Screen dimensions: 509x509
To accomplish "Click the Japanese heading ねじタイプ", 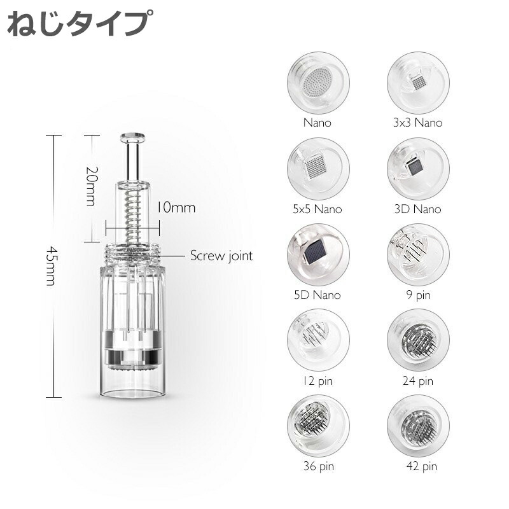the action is click(79, 23).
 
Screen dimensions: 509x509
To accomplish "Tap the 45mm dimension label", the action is click(52, 266).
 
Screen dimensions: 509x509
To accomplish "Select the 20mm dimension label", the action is click(91, 186).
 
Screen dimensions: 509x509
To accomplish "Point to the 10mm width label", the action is click(176, 208).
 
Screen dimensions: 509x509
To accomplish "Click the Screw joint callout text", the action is click(221, 256).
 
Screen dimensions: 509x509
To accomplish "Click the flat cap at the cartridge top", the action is click(133, 138).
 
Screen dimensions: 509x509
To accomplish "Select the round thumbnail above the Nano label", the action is click(318, 83).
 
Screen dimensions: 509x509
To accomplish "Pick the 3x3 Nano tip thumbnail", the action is click(418, 83).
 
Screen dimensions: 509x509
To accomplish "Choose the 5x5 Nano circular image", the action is click(318, 169).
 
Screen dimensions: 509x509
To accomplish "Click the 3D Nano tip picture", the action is click(418, 169).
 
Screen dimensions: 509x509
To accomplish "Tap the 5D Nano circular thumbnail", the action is click(318, 255).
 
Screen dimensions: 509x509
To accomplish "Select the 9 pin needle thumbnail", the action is click(418, 255).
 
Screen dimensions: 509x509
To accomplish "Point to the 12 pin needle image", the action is click(318, 340).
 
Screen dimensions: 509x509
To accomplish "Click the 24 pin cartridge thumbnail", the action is click(418, 340).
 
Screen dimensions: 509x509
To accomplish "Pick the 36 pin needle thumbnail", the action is click(318, 426).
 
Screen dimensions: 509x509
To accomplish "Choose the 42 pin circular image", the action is click(418, 426).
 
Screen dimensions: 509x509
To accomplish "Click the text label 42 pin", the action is click(421, 466).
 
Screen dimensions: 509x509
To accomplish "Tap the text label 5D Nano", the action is click(317, 295).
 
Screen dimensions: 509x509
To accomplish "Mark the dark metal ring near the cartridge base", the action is click(132, 356).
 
